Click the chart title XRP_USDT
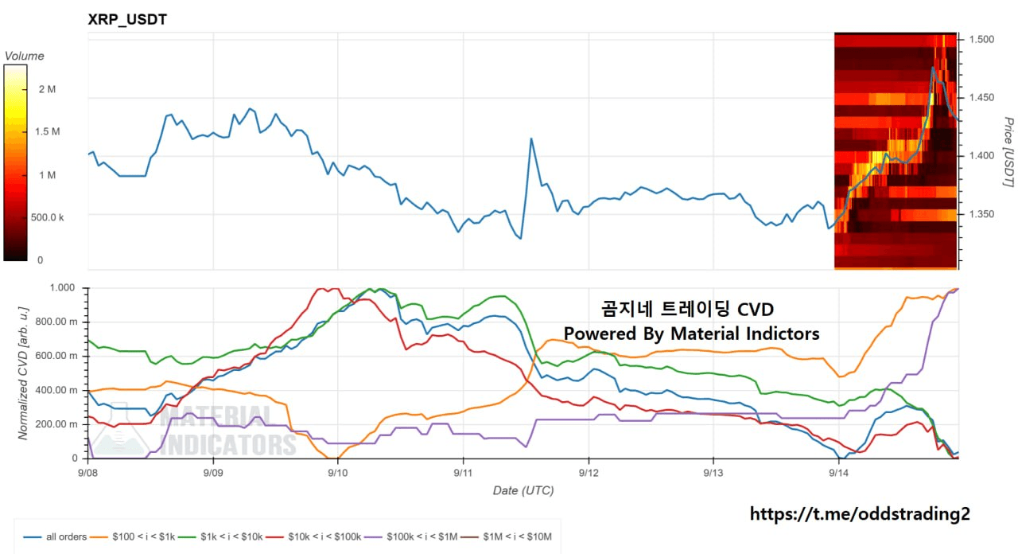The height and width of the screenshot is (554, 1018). pos(127,20)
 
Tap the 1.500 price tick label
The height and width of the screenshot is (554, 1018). pos(981,40)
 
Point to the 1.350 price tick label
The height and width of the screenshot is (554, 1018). pos(981,214)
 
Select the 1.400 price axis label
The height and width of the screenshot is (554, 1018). pos(981,156)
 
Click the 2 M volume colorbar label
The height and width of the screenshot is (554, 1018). pos(47,89)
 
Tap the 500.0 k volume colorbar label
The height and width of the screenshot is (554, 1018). pos(47,217)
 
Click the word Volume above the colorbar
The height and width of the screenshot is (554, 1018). pos(25,56)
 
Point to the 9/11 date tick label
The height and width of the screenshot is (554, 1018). pos(463,473)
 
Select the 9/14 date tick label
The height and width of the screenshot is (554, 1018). pos(838,473)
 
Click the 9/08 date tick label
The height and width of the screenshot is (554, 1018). pos(87,473)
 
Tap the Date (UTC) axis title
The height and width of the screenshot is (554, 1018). pos(523,491)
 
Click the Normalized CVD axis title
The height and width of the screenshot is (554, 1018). pos(23,373)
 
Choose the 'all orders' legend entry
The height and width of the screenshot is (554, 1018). pos(55,536)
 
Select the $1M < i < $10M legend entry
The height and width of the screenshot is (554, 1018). pos(507,536)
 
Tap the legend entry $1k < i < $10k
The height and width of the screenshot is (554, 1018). pos(220,536)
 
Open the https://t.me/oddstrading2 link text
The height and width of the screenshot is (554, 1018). pos(860,514)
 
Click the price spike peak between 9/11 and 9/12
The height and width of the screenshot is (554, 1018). pos(531,138)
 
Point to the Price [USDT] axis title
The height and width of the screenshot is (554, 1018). pos(1008,152)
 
